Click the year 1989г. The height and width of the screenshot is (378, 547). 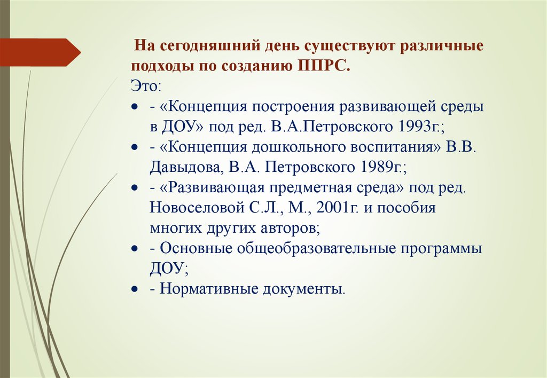381,167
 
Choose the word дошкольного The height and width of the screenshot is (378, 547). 302,147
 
